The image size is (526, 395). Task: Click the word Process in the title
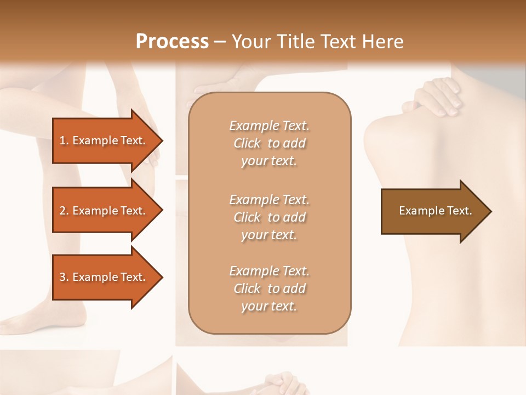click(x=172, y=42)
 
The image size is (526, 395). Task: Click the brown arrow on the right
click(x=433, y=211)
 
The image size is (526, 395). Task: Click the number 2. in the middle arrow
click(x=64, y=211)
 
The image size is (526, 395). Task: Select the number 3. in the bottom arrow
click(x=64, y=277)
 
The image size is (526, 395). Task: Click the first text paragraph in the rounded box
click(x=269, y=143)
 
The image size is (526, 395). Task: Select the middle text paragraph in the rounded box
click(x=269, y=217)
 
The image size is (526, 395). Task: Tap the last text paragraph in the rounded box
click(x=269, y=289)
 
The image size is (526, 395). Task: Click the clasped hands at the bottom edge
click(x=282, y=384)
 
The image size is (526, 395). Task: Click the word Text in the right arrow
click(x=460, y=211)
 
